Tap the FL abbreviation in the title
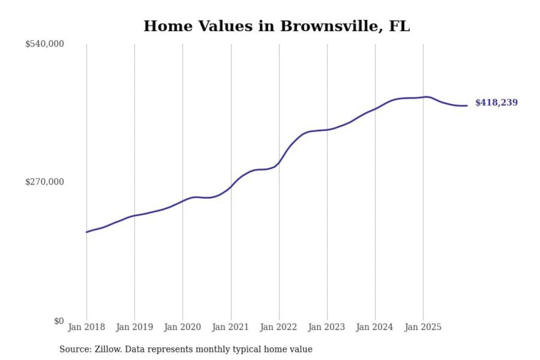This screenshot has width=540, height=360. [x=399, y=26]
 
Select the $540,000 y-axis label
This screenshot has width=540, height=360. [x=45, y=44]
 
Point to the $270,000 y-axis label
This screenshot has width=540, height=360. [x=45, y=182]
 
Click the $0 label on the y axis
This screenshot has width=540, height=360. [x=59, y=321]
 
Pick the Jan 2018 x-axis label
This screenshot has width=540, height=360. [x=86, y=327]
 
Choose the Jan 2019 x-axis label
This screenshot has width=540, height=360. [x=134, y=327]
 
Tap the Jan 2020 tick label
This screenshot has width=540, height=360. [x=182, y=327]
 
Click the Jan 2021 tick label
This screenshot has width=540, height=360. [x=230, y=327]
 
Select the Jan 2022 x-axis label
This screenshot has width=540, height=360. [x=278, y=327]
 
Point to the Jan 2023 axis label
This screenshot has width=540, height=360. [x=326, y=327]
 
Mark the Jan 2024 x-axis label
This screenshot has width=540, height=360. [x=374, y=327]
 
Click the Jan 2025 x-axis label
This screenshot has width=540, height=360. [x=423, y=327]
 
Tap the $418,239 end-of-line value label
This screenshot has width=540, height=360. [x=496, y=102]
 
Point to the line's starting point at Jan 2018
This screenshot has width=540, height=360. [x=87, y=232]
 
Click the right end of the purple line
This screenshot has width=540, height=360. [x=467, y=106]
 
